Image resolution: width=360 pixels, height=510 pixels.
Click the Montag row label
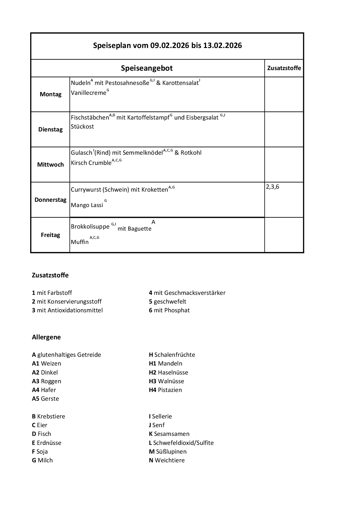pos(51,94)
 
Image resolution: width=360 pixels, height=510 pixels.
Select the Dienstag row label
pos(51,129)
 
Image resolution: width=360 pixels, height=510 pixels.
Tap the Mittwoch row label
pos(51,165)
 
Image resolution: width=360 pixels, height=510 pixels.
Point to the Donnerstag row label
pos(51,200)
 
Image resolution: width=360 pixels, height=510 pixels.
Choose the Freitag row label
pos(51,235)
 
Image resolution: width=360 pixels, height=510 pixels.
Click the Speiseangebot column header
pos(147,68)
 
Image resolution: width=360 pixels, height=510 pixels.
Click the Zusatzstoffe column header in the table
pos(284,68)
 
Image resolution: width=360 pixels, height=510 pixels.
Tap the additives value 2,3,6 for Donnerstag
pos(272,187)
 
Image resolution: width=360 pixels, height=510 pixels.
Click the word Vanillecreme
pos(89,93)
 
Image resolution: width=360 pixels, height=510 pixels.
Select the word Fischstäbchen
pos(90,118)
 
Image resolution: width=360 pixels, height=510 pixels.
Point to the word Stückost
pos(82,126)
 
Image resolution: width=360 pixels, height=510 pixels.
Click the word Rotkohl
pos(191,153)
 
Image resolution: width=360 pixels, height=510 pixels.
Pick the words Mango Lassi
pos(87,205)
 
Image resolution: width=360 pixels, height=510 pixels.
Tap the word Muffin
pos(80,242)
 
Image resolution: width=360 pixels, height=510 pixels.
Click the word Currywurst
pos(86,190)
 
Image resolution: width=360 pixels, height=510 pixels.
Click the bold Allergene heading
pos(46,337)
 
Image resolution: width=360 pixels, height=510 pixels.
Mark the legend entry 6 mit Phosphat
pos(169,310)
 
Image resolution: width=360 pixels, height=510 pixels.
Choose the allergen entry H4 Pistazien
pos(165,390)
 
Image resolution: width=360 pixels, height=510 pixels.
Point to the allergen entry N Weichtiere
pos(167,460)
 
